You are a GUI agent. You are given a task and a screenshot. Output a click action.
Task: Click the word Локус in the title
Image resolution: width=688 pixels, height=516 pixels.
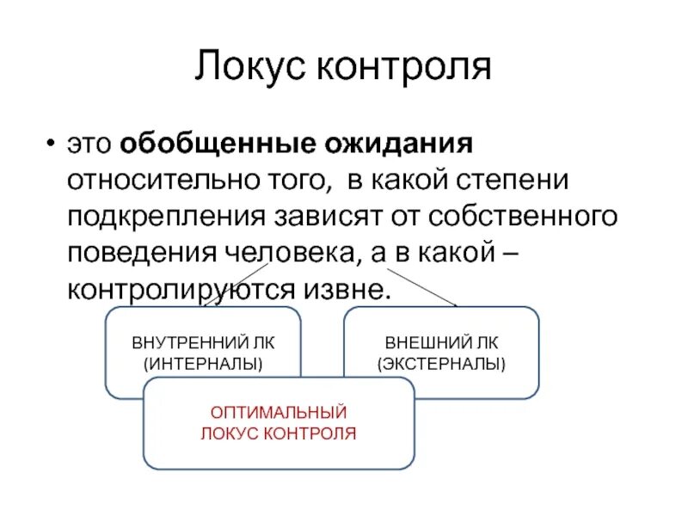point(249,68)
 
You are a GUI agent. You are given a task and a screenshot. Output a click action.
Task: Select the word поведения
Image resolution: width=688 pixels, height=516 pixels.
point(144,253)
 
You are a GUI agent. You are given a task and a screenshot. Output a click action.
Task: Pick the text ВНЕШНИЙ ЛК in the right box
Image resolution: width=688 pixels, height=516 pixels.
point(441,342)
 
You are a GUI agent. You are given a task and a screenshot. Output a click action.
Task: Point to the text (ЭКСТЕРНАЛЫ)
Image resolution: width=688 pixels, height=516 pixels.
point(441,363)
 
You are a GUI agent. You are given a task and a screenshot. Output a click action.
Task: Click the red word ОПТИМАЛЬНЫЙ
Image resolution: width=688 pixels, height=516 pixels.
point(279,413)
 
